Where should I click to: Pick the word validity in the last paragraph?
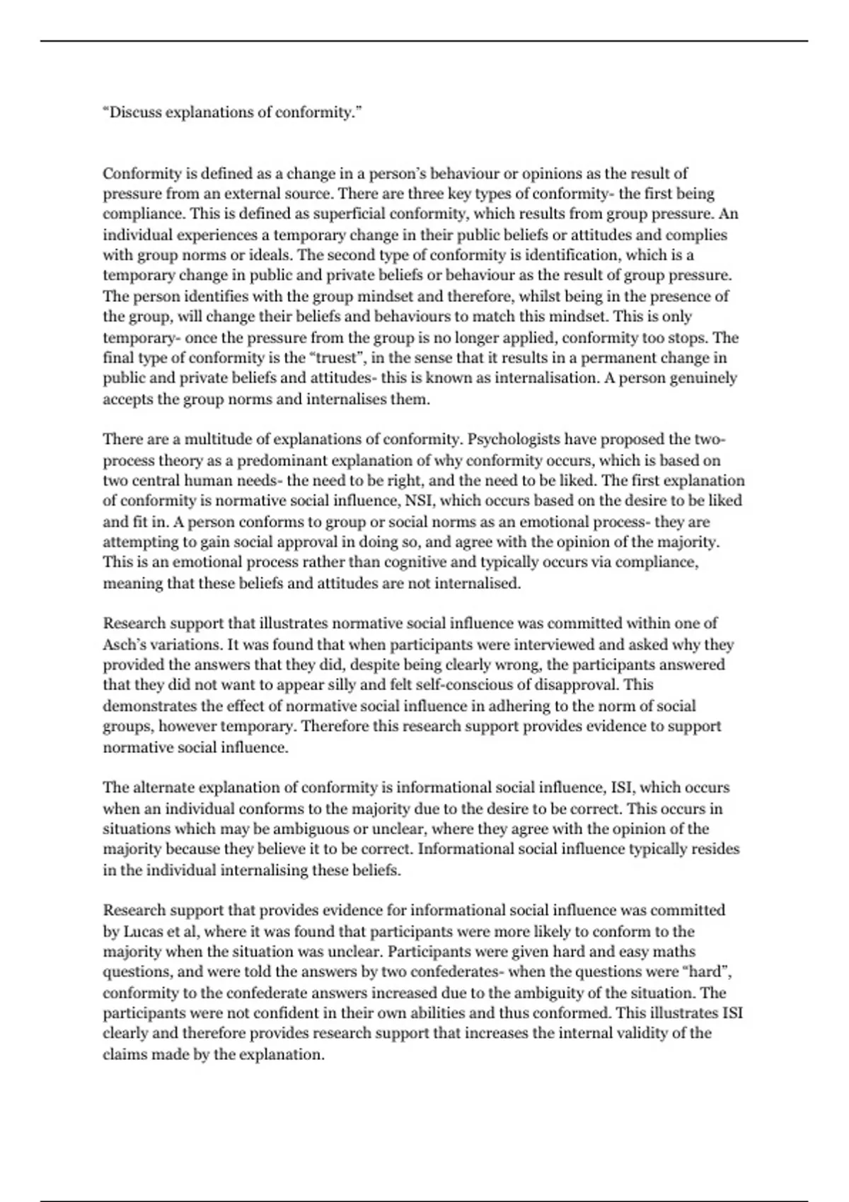(661, 1033)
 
